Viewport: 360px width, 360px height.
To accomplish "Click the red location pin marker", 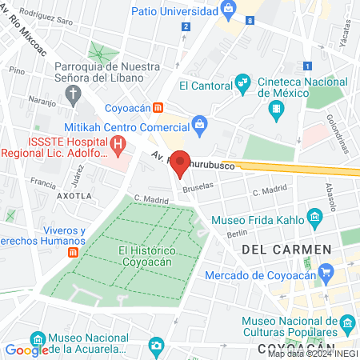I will click(x=180, y=163).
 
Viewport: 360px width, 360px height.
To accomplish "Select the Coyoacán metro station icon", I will click(x=158, y=107).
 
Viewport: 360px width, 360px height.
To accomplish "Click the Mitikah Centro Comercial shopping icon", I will click(x=199, y=123).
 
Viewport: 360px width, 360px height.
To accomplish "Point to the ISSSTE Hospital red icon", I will click(x=118, y=145).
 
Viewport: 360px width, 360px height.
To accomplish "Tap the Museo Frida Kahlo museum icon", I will click(x=314, y=217).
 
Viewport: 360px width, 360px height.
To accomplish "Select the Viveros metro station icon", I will click(x=73, y=252).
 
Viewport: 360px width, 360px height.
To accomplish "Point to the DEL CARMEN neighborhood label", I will click(x=286, y=250).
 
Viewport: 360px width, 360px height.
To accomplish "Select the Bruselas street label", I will click(x=199, y=186).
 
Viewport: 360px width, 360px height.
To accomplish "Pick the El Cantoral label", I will click(x=205, y=86).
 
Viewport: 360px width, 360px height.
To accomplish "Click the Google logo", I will click(x=26, y=350).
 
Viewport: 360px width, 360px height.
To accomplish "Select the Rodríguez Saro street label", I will click(x=40, y=14).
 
